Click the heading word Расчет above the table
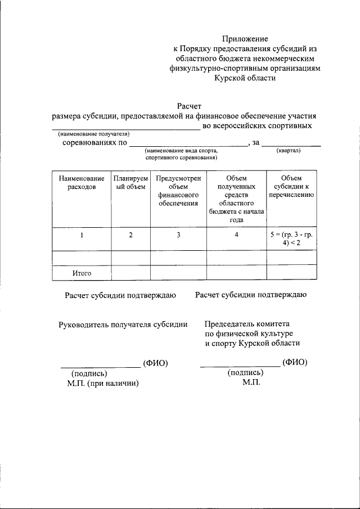[189, 105]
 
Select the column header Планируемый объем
[130, 182]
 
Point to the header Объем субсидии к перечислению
[291, 186]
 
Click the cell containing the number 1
[82, 235]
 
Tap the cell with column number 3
[178, 235]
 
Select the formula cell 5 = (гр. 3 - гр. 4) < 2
[291, 239]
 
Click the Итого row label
[82, 273]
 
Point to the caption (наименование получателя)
[93, 134]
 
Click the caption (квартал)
[289, 151]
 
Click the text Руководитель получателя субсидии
[123, 324]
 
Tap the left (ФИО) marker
[155, 363]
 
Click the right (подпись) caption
[245, 372]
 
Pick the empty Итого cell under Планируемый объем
[130, 273]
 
